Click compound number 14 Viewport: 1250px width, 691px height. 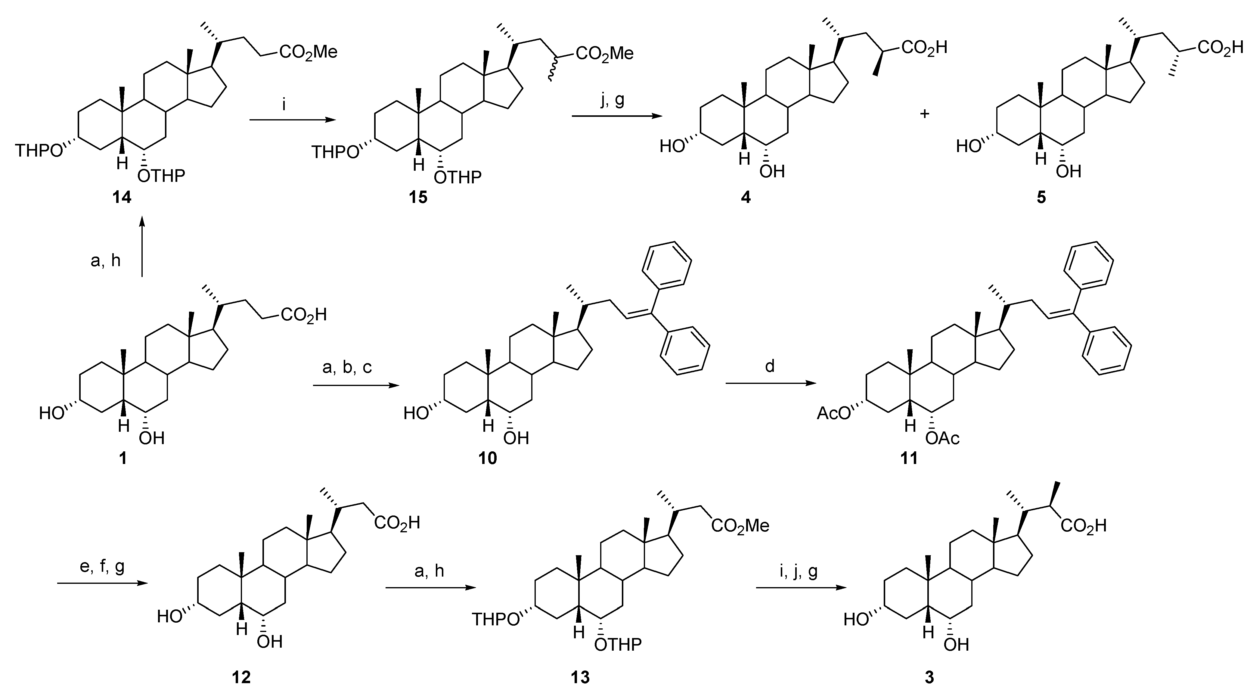(122, 198)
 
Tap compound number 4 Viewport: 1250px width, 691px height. (746, 198)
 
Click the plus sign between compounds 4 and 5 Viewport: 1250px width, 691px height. (925, 114)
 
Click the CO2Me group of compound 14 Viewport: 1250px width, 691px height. (309, 52)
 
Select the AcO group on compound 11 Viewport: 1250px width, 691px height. (834, 413)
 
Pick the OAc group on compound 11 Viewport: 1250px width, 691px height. (943, 439)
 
